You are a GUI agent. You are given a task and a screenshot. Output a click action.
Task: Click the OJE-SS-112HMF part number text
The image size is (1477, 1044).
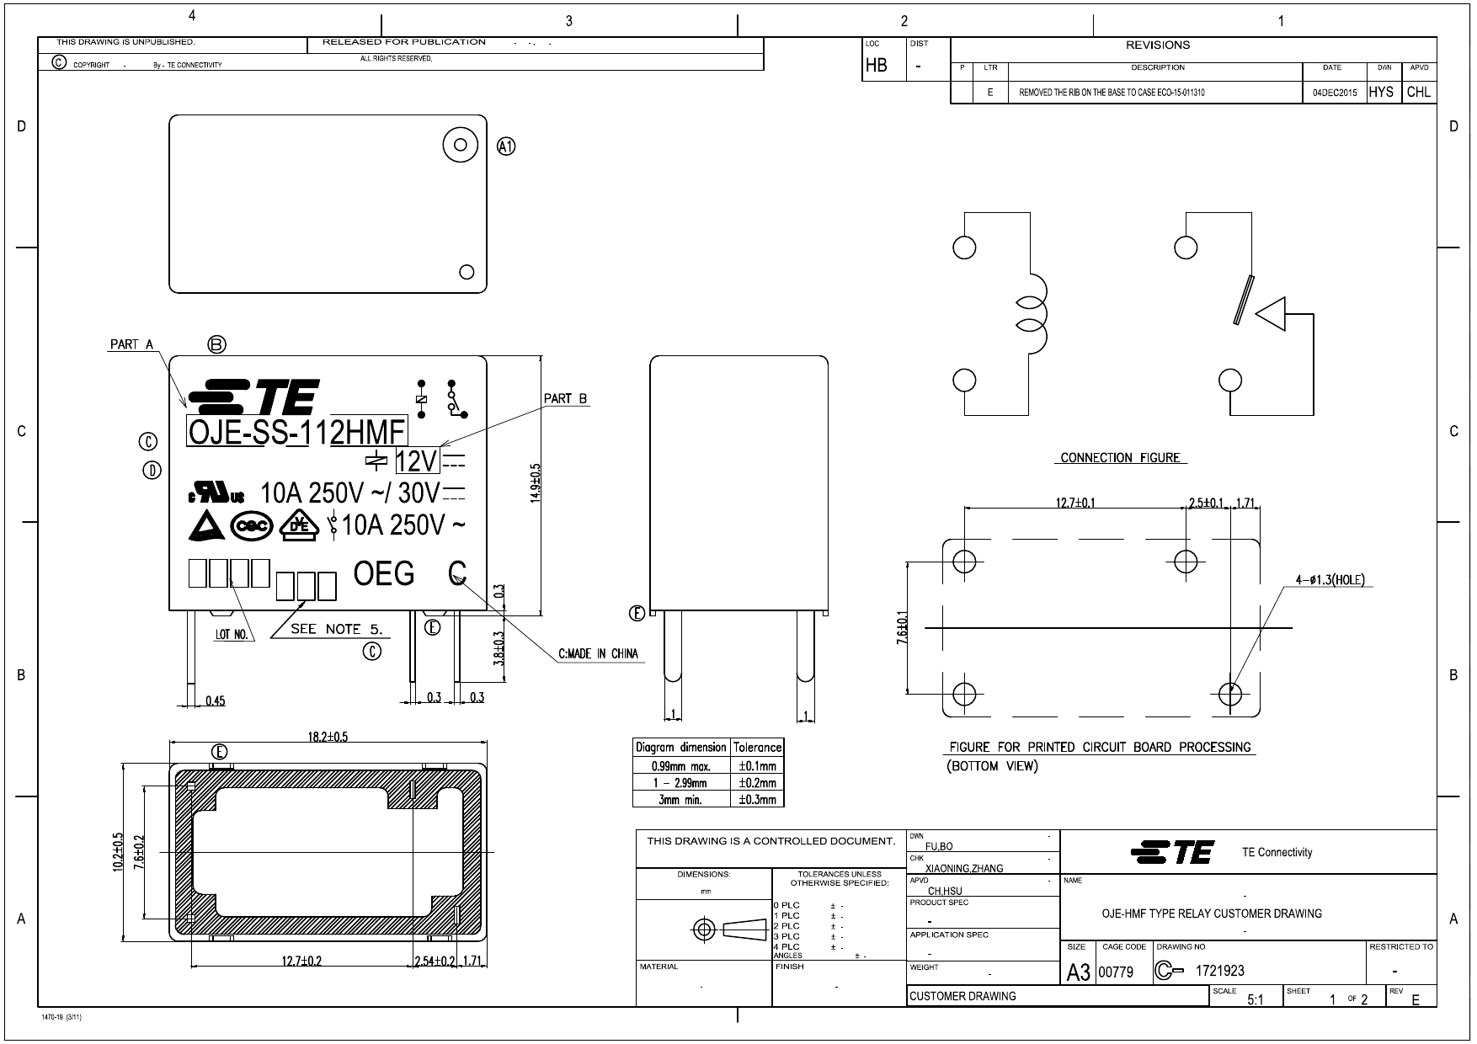coord(296,433)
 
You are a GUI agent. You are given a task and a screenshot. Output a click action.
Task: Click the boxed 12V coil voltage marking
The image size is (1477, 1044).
coord(418,461)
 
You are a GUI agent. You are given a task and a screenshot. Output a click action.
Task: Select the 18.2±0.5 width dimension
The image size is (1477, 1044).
coord(328,737)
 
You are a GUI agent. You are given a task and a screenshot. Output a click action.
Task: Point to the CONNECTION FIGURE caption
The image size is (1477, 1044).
coord(1119,458)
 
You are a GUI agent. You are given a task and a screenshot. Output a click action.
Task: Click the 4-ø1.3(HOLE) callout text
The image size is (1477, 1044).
coord(1330,580)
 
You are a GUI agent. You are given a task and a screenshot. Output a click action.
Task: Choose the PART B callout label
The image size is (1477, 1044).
coord(565,398)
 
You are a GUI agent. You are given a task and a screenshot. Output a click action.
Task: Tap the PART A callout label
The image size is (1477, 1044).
coord(131,344)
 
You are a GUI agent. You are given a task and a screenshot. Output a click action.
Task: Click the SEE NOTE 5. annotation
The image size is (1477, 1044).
coord(336,629)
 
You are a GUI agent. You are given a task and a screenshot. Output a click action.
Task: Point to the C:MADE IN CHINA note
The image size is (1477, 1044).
coord(598,653)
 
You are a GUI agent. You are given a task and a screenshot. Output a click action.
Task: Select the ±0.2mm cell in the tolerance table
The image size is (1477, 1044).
coord(757,783)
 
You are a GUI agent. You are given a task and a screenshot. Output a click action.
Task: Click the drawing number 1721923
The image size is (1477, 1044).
coord(1219,971)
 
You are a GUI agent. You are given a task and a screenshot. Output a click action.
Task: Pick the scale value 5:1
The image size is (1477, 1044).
coord(1255,1000)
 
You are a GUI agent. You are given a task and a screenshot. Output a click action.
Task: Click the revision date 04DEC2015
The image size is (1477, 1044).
coord(1334,93)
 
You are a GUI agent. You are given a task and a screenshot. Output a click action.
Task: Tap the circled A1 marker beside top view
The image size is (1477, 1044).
coord(506,146)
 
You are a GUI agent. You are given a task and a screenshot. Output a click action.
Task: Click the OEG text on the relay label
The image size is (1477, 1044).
coord(384,574)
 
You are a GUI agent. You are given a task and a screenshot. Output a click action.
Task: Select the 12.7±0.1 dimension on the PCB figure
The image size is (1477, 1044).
coord(1075,503)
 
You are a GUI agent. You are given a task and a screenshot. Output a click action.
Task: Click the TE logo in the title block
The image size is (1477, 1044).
coord(1172,852)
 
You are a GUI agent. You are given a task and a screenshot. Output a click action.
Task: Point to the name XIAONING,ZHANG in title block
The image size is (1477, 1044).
coord(964,868)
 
